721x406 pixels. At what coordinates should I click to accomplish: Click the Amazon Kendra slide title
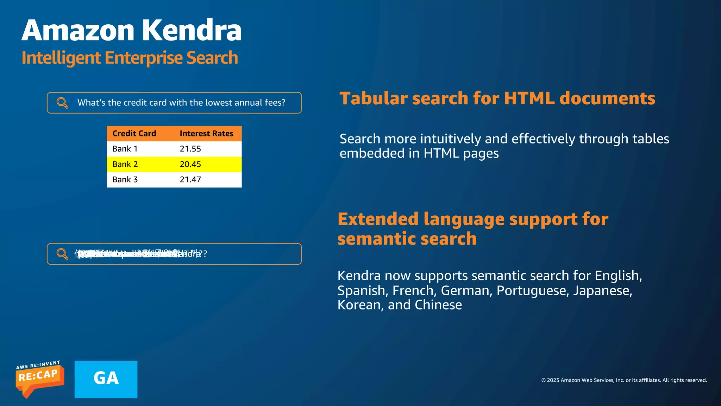click(131, 30)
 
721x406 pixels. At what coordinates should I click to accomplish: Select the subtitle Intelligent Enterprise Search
click(130, 58)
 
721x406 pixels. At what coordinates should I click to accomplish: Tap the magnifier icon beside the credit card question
click(62, 103)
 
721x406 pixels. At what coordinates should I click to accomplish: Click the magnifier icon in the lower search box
click(62, 254)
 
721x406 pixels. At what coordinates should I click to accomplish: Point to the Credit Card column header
click(134, 134)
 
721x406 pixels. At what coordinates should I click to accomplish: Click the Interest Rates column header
click(206, 134)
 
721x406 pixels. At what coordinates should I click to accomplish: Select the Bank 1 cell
click(125, 149)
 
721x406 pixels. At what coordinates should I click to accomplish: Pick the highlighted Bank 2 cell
click(125, 164)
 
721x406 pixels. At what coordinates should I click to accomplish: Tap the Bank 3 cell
click(125, 179)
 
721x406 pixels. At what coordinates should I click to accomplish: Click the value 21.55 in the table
click(190, 149)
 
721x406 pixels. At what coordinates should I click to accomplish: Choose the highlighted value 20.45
click(190, 164)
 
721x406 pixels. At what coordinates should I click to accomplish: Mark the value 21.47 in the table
click(190, 179)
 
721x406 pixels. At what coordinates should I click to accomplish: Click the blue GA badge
click(106, 379)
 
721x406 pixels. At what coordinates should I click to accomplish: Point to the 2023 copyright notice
click(624, 380)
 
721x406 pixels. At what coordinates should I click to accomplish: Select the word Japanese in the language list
click(602, 291)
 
